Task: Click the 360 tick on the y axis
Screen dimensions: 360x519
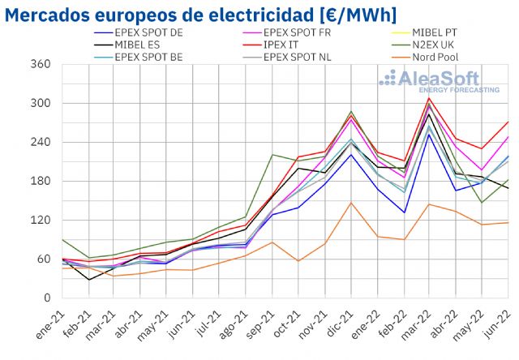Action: (41, 65)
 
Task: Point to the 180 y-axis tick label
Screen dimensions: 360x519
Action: (41, 182)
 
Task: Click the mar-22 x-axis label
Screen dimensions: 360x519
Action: (422, 320)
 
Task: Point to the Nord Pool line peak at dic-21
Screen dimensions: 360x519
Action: (350, 203)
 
